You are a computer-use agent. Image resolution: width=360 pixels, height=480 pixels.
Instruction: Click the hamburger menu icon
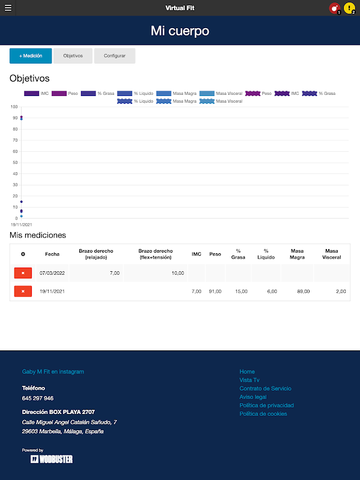(8, 8)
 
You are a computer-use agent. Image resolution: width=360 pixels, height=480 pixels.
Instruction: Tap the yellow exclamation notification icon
(349, 8)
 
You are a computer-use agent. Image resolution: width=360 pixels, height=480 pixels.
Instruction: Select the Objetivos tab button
(73, 56)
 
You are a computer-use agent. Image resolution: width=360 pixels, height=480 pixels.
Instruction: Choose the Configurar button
(115, 56)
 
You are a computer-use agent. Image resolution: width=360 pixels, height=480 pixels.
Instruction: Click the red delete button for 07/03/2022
(23, 273)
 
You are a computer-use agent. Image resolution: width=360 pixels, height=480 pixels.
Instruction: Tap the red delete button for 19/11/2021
(23, 291)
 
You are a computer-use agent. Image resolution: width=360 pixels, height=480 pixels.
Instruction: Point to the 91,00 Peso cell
(215, 291)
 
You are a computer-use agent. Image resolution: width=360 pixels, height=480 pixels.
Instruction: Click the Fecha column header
(52, 254)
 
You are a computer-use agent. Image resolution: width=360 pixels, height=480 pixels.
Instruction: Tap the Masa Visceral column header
(332, 254)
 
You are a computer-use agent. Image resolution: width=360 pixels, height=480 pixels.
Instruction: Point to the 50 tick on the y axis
(14, 163)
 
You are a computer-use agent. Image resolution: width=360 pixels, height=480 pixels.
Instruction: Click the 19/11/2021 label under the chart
(21, 224)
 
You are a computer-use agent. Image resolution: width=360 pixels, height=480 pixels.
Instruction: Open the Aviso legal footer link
(253, 397)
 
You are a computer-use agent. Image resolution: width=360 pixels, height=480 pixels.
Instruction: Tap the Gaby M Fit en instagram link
(53, 372)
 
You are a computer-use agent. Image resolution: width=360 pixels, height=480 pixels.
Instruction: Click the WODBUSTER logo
(52, 459)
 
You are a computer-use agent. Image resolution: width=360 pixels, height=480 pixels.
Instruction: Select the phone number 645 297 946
(38, 398)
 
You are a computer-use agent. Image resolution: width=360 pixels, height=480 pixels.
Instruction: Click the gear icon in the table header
(23, 254)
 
